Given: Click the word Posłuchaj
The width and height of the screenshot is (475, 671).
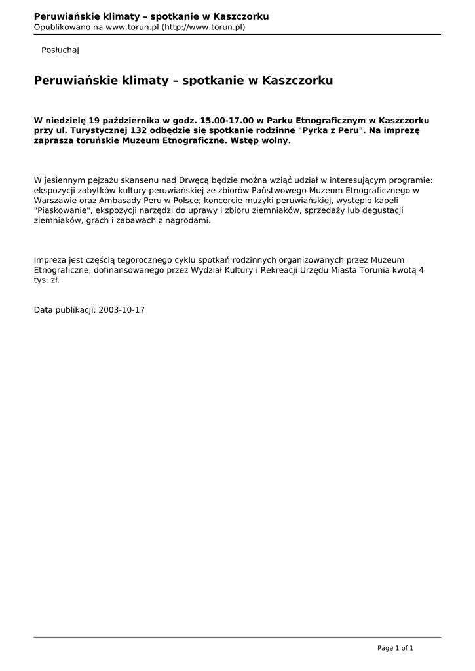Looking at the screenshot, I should click(60, 50).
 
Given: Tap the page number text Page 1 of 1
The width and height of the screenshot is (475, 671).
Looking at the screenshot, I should click(395, 648).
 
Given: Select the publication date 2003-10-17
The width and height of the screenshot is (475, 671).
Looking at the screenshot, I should click(122, 309).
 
